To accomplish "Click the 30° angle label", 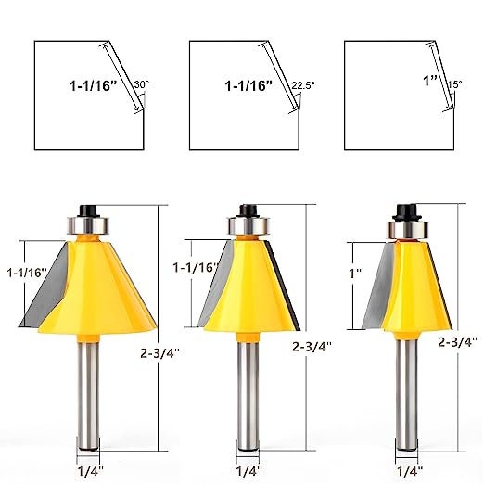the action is pyautogui.click(x=142, y=84).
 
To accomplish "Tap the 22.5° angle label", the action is pyautogui.click(x=303, y=85).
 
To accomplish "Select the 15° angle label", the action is pyautogui.click(x=455, y=84).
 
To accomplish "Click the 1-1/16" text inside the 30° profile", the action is pyautogui.click(x=94, y=85).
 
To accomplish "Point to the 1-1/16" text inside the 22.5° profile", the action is pyautogui.click(x=248, y=85).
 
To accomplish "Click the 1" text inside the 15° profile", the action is pyautogui.click(x=430, y=81).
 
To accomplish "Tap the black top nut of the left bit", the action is pyautogui.click(x=89, y=211).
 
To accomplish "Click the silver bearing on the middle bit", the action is pyautogui.click(x=249, y=226).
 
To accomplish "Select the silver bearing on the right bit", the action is pyautogui.click(x=409, y=230).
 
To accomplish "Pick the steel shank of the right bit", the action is pyautogui.click(x=407, y=396).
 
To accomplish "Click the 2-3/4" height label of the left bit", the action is pyautogui.click(x=159, y=353).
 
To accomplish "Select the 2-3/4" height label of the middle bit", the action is pyautogui.click(x=312, y=347).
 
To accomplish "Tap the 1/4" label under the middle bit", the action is pyautogui.click(x=249, y=471).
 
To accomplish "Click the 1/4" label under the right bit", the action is pyautogui.click(x=410, y=471).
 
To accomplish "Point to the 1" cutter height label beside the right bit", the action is pyautogui.click(x=355, y=274).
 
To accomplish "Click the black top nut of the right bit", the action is pyautogui.click(x=408, y=212).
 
